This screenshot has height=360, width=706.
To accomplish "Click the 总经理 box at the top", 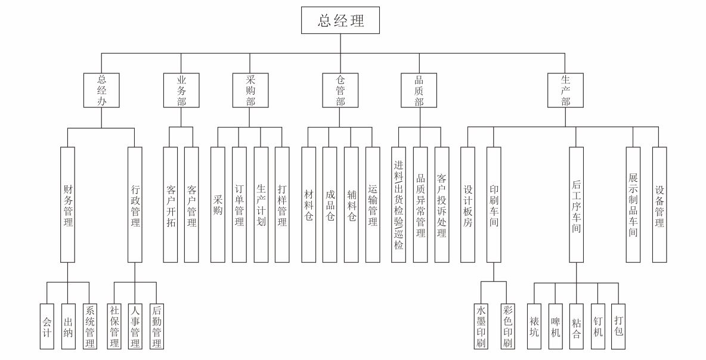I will [x=340, y=21].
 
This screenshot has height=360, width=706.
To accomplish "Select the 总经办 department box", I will [x=101, y=91].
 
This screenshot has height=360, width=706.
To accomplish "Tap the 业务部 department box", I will [x=181, y=91].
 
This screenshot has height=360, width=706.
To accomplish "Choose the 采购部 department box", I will [x=250, y=91].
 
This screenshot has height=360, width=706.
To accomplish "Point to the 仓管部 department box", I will [x=340, y=91].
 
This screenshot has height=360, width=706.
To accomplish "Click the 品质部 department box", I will [x=419, y=91].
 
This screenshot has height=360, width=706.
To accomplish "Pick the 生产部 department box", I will [x=565, y=91].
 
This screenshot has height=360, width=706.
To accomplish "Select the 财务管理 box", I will [x=68, y=204].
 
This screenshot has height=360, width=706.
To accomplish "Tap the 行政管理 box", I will [x=135, y=204].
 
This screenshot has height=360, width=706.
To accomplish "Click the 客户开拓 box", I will [x=171, y=204].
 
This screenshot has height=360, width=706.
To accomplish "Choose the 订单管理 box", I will [x=239, y=204].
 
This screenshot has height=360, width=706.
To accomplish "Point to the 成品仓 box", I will [x=330, y=204].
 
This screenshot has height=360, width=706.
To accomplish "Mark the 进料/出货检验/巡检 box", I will [x=398, y=204].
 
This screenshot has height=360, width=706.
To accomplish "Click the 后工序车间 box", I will [x=576, y=204].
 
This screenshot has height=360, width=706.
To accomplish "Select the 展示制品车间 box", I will [x=633, y=204].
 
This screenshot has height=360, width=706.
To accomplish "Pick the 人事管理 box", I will [x=135, y=325].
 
